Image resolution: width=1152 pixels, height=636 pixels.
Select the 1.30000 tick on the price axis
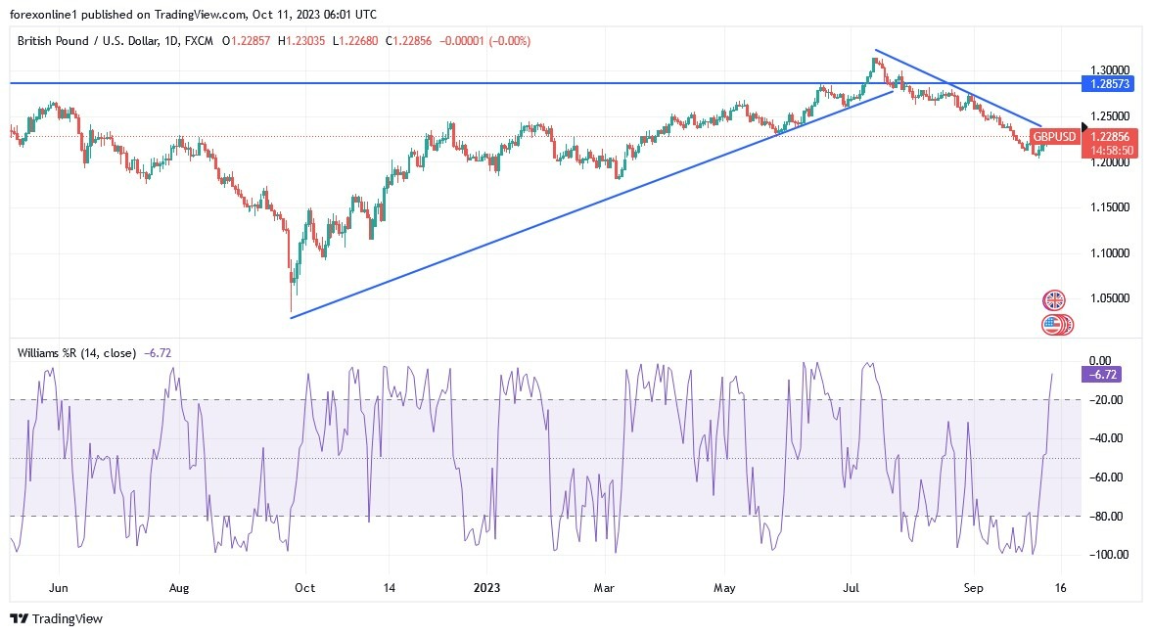point(1109,70)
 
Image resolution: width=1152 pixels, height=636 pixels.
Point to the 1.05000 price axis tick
point(1109,298)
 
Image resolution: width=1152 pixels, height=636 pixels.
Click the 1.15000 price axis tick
point(1109,207)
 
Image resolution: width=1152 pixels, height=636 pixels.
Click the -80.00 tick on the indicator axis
point(1104,517)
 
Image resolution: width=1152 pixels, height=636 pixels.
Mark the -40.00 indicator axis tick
point(1104,438)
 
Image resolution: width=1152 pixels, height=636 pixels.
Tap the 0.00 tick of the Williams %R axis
point(1099,361)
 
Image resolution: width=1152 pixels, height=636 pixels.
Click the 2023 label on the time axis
point(487,589)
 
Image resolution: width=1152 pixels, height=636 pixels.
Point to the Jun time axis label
point(58,589)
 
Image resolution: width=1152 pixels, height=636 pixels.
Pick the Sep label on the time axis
point(974,589)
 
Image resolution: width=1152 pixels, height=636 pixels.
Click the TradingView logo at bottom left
point(56,618)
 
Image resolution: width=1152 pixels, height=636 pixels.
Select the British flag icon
point(1053,299)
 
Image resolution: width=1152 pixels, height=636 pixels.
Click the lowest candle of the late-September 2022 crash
point(291,289)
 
